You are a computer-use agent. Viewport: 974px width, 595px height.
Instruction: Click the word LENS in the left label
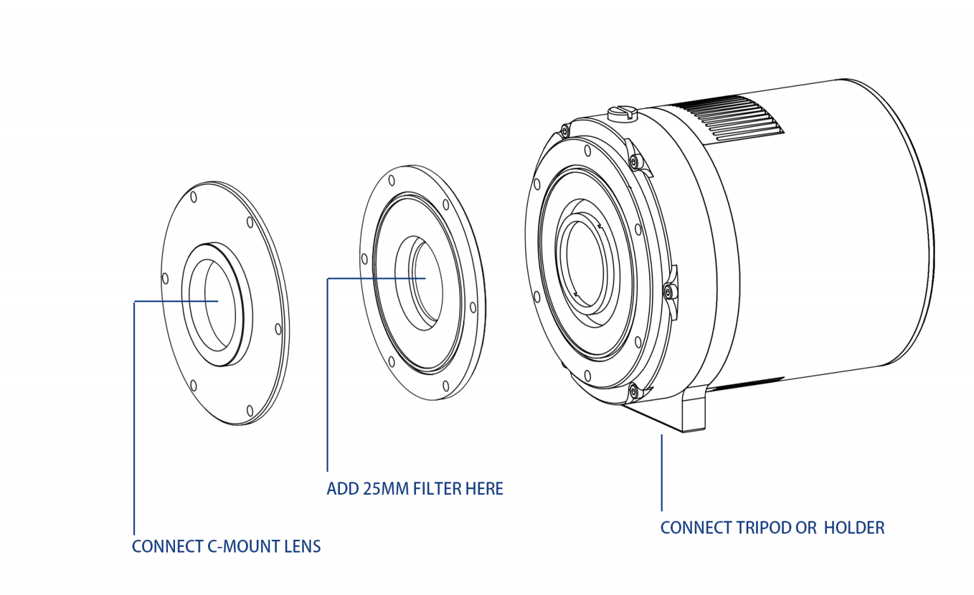pos(302,547)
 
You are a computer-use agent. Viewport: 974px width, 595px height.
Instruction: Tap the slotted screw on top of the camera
pos(622,113)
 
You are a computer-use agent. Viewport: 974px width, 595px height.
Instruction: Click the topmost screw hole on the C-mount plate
pos(193,197)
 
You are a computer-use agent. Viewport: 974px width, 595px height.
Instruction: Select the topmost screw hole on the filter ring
pos(392,180)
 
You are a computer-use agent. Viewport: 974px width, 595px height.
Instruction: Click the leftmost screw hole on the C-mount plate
pos(166,278)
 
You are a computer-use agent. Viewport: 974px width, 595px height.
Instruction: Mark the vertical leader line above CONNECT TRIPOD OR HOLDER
pos(661,472)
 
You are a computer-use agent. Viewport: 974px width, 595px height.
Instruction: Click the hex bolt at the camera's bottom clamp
pos(633,391)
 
